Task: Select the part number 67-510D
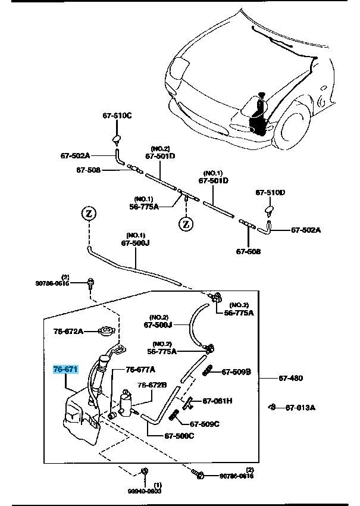point(271,192)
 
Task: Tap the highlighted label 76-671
point(65,370)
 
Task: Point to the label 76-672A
point(68,330)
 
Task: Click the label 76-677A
point(140,370)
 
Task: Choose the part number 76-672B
point(152,385)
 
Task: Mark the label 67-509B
point(236,372)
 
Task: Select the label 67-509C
point(205,424)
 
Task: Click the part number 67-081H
point(218,401)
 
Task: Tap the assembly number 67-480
point(291,377)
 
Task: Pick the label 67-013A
point(300,407)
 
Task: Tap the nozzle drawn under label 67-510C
point(117,140)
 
